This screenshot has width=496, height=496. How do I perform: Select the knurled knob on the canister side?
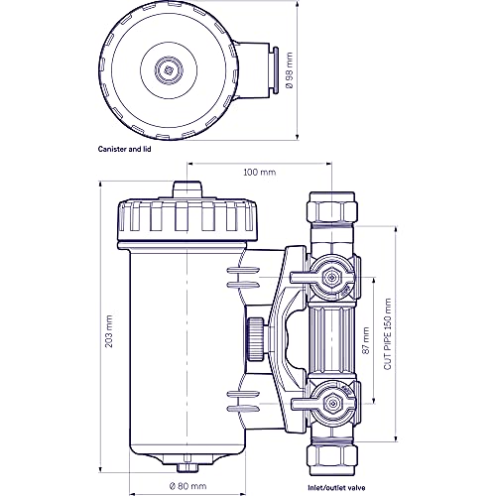click(254, 336)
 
